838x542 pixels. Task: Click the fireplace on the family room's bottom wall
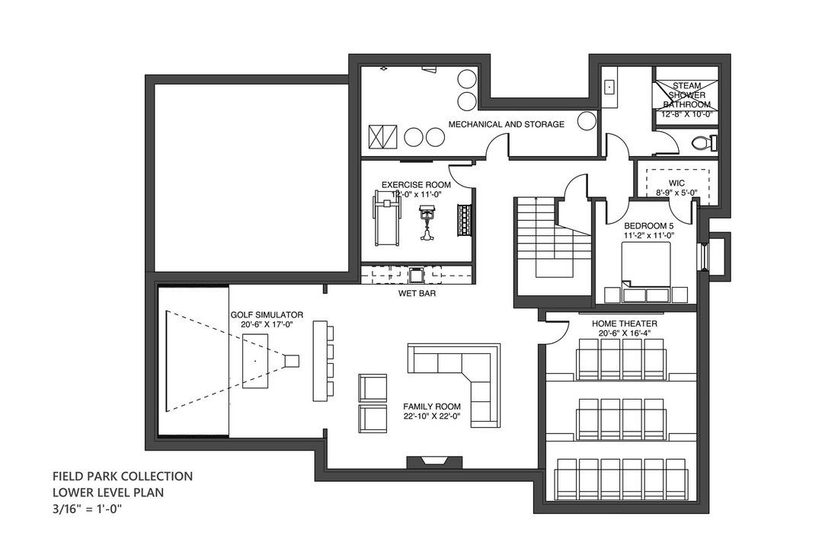coord(434,462)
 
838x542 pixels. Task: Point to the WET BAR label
coord(417,293)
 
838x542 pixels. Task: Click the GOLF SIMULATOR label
coord(267,314)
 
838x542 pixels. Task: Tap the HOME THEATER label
coord(624,324)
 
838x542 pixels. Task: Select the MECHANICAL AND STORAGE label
coord(506,124)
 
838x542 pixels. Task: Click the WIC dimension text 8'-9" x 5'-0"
coord(676,193)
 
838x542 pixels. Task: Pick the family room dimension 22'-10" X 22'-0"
coord(432,416)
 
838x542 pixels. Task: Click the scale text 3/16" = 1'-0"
coord(88,509)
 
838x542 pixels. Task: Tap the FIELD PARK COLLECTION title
coord(123,476)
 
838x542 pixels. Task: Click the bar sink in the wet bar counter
coord(416,275)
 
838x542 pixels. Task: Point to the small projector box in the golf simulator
coord(291,361)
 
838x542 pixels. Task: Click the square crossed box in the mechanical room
coord(383,137)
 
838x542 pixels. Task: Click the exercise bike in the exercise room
coord(427,224)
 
